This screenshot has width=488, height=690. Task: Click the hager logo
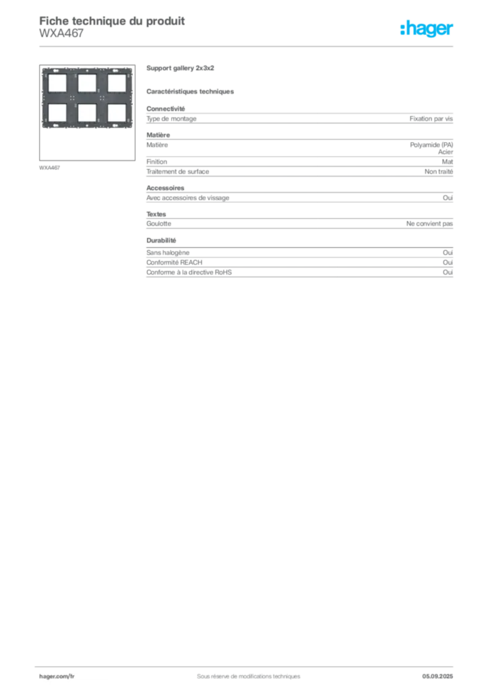click(x=426, y=28)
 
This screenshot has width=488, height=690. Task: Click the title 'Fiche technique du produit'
click(x=112, y=21)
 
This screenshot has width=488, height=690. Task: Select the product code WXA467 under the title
click(x=61, y=34)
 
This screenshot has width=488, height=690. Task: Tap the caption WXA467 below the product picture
click(x=49, y=168)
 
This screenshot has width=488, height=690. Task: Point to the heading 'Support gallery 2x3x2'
click(x=180, y=68)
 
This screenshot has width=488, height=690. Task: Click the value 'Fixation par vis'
click(x=431, y=119)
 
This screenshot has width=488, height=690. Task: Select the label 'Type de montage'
click(x=171, y=119)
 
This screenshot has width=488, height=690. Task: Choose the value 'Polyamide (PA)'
click(x=431, y=145)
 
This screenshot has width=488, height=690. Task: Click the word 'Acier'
click(x=446, y=152)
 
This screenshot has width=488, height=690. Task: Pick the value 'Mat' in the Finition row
click(x=447, y=162)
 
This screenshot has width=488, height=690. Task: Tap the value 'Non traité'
click(x=438, y=172)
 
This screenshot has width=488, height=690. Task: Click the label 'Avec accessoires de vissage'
click(x=188, y=198)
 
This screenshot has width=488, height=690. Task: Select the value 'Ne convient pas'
click(x=429, y=224)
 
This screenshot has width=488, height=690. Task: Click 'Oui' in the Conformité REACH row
click(x=448, y=262)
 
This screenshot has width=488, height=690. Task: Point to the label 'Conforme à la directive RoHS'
click(x=189, y=272)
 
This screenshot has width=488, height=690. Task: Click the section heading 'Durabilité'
click(x=161, y=241)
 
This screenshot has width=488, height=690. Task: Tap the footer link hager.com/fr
click(x=57, y=677)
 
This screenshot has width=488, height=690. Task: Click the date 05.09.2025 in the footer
click(x=437, y=677)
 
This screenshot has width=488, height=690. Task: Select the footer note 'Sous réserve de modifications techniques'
click(x=248, y=677)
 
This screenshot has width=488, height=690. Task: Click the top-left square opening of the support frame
click(x=57, y=83)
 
